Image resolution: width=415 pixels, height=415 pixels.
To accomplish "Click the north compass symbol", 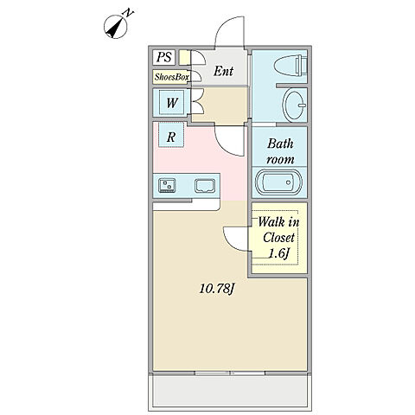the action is (x=116, y=27).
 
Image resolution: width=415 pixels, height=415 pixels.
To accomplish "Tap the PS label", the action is (x=164, y=57).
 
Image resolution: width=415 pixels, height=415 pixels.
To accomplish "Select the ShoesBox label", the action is (x=171, y=77).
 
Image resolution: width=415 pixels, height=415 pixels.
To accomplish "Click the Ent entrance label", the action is (x=223, y=71).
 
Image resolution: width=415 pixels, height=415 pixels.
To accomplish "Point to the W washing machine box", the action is (x=172, y=103).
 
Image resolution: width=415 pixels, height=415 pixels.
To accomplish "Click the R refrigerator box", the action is (x=171, y=135).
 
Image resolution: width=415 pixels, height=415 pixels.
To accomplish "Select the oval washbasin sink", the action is (x=294, y=105).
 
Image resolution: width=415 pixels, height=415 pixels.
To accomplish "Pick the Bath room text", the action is (x=280, y=151).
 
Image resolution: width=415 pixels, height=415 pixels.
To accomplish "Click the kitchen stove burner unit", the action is (x=167, y=185).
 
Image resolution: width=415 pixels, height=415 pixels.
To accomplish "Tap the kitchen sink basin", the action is (x=205, y=186).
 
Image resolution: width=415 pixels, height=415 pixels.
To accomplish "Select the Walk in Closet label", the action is (x=278, y=230).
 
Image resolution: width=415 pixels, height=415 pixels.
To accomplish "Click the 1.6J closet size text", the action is (x=278, y=253).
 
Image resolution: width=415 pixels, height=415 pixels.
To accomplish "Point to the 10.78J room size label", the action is (x=217, y=289).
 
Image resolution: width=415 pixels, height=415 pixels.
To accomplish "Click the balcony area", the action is (x=230, y=391).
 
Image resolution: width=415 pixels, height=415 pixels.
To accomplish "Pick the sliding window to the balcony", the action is (x=230, y=373).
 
